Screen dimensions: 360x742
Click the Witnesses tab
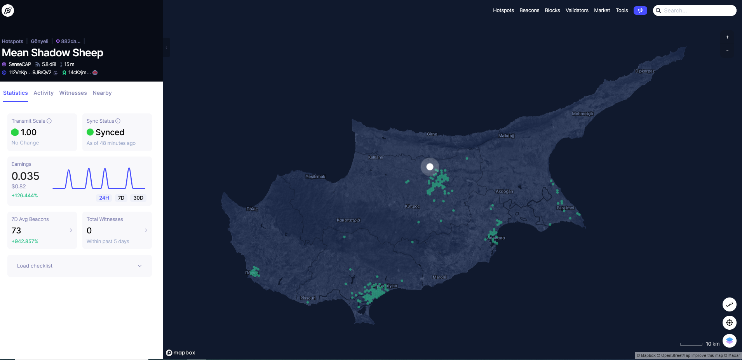point(73,93)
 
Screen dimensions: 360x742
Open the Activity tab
point(44,93)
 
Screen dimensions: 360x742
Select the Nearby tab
point(102,93)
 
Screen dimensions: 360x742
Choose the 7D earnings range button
point(121,198)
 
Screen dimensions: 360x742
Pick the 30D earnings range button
point(138,198)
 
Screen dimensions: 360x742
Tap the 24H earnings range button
point(104,198)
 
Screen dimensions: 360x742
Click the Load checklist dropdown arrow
point(139,266)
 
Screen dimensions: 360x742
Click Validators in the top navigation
point(577,10)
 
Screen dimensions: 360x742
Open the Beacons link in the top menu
point(529,10)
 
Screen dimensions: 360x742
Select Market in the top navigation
point(602,10)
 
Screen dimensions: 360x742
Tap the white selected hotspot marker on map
point(430,167)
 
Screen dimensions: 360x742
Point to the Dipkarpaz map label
point(645,71)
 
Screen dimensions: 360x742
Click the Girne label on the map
point(432,134)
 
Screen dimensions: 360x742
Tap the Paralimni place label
point(565,208)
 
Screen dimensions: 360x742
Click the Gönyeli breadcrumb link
point(40,41)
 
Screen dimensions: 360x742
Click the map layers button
point(729,341)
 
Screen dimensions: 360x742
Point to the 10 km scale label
point(712,344)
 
